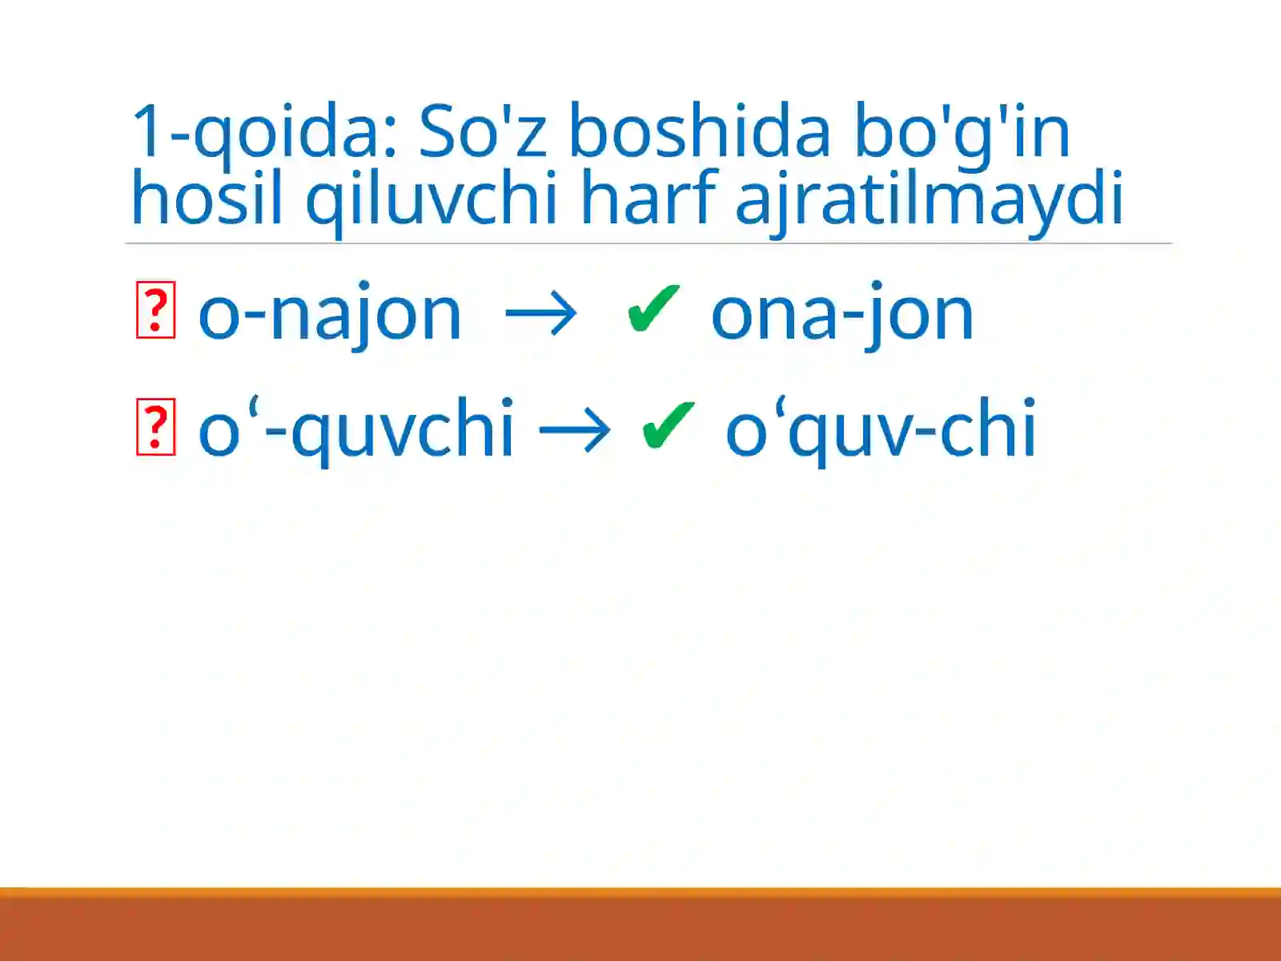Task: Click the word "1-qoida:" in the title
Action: coord(264,132)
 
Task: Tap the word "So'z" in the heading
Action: coord(483,132)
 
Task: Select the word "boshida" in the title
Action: coord(699,132)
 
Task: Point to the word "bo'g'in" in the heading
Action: coord(961,132)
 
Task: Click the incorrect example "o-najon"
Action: coord(330,315)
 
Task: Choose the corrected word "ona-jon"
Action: coord(841,315)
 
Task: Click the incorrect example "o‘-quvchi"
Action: coord(355,431)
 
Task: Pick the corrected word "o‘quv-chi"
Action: coord(881,431)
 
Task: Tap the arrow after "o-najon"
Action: coord(541,314)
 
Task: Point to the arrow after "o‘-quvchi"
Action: coord(574,430)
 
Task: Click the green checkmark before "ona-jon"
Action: coord(653,309)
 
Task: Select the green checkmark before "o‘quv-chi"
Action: coord(667,425)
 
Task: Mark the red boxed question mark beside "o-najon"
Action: coord(155,310)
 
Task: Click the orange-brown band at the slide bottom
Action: coord(640,925)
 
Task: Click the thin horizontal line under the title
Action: coord(649,243)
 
